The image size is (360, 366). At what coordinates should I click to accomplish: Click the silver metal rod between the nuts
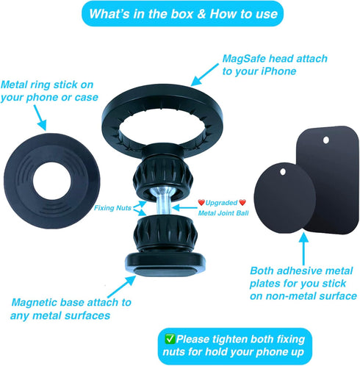coord(163,205)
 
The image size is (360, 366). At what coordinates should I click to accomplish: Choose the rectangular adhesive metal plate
coord(323,184)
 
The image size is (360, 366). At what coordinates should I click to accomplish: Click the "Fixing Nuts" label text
coord(111,208)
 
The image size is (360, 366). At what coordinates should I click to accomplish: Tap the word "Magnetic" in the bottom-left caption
coord(38,302)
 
